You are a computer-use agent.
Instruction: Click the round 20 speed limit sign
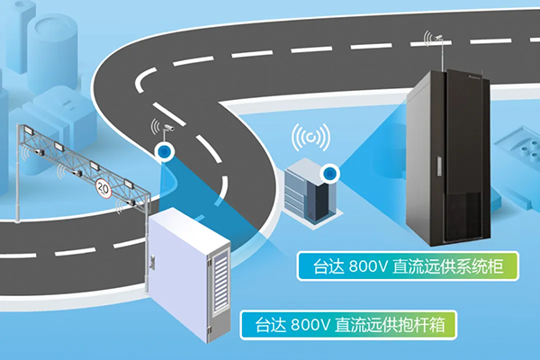103,189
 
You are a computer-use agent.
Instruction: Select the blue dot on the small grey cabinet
331,171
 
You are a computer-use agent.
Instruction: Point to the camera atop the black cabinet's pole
436,38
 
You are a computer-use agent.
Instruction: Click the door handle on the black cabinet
438,166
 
